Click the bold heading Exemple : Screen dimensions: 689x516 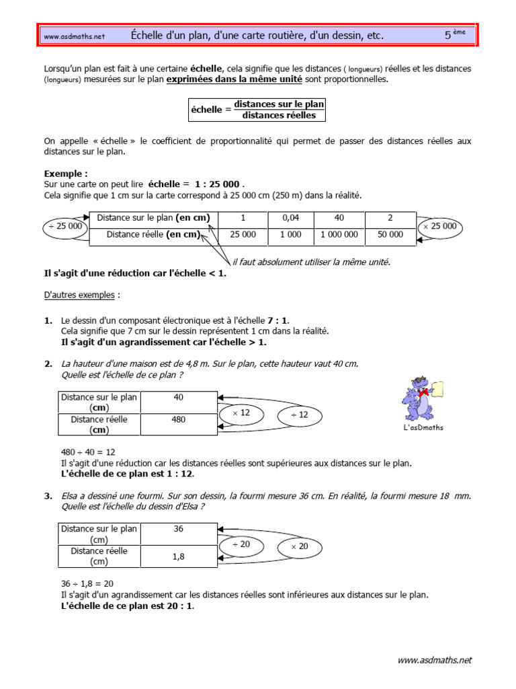[x=66, y=174]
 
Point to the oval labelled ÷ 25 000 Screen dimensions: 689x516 [x=64, y=226]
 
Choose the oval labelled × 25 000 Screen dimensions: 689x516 [x=439, y=226]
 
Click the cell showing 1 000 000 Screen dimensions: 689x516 [x=340, y=235]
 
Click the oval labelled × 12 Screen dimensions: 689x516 [x=241, y=413]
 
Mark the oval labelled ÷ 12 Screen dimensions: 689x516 [x=299, y=415]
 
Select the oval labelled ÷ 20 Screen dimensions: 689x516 [x=241, y=544]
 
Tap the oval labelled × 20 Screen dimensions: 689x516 [x=299, y=546]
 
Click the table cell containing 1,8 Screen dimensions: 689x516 [x=178, y=556]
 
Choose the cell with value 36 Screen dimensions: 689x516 [x=178, y=529]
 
